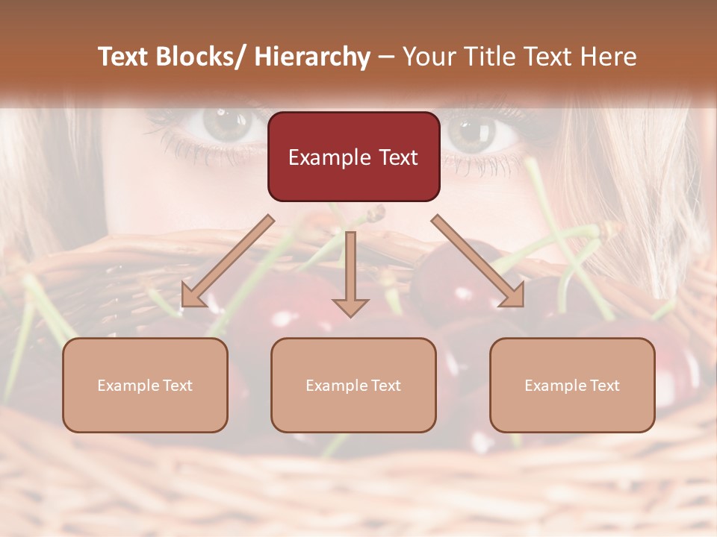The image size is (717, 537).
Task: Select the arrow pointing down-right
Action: (478, 261)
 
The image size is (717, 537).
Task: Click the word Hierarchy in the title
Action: (312, 57)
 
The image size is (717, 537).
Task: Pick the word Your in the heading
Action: (427, 57)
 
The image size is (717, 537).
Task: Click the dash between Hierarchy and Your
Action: (386, 57)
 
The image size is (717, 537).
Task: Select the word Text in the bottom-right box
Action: (603, 386)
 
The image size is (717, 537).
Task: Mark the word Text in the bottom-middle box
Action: (385, 386)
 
